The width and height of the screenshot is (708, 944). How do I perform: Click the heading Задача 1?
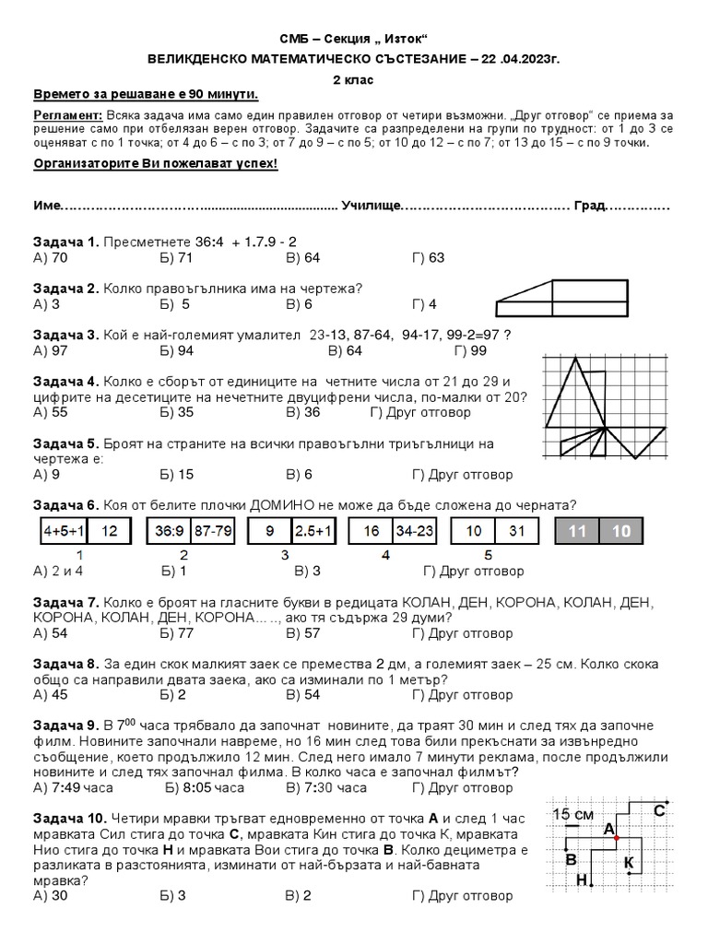pyautogui.click(x=65, y=242)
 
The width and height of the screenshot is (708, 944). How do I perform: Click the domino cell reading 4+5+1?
pyautogui.click(x=65, y=531)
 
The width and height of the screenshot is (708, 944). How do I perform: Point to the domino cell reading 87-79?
pyautogui.click(x=213, y=531)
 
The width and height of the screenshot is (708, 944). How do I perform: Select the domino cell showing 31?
pyautogui.click(x=516, y=531)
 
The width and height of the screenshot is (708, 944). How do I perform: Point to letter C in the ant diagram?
pyautogui.click(x=658, y=811)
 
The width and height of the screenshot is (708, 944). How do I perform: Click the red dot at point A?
pyautogui.click(x=616, y=837)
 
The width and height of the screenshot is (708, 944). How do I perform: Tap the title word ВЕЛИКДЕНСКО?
pyautogui.click(x=205, y=58)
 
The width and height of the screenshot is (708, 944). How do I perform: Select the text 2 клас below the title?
pyautogui.click(x=353, y=80)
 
